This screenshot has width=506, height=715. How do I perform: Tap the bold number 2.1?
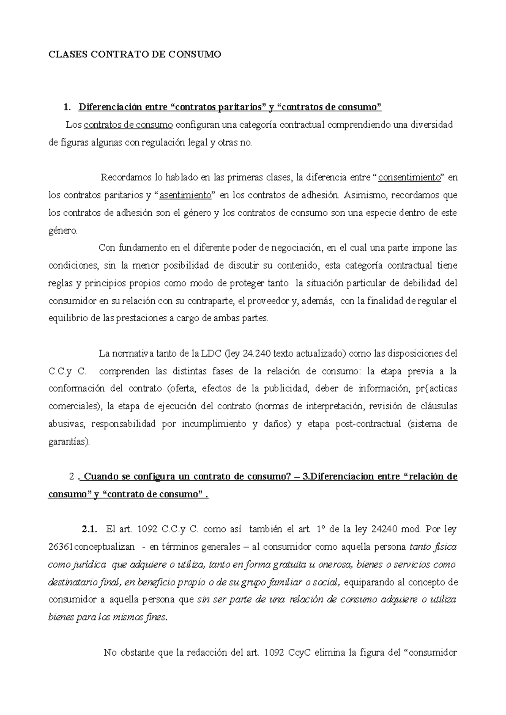[x=89, y=529]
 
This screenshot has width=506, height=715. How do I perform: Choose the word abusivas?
[x=66, y=424]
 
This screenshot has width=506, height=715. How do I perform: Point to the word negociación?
[x=291, y=248]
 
